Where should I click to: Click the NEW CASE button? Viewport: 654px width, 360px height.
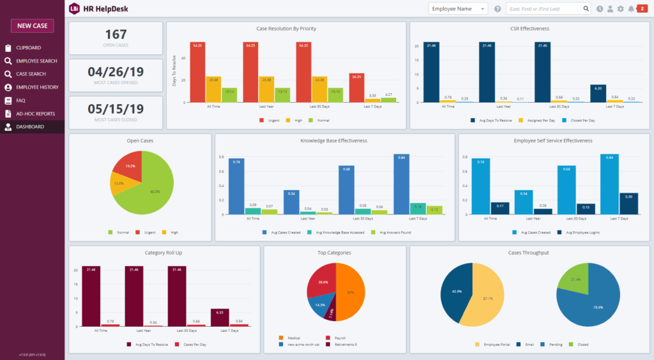click(32, 26)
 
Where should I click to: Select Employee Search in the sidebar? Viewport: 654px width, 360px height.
click(36, 61)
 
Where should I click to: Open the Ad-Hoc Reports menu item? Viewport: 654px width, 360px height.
click(35, 114)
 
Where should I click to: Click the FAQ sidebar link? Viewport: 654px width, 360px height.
click(20, 100)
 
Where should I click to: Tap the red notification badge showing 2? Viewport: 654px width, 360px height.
click(642, 8)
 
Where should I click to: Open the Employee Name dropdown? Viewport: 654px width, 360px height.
click(458, 9)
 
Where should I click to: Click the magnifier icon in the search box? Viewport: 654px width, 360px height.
click(586, 9)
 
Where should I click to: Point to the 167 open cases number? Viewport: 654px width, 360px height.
click(116, 34)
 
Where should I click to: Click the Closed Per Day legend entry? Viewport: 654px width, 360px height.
click(583, 119)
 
